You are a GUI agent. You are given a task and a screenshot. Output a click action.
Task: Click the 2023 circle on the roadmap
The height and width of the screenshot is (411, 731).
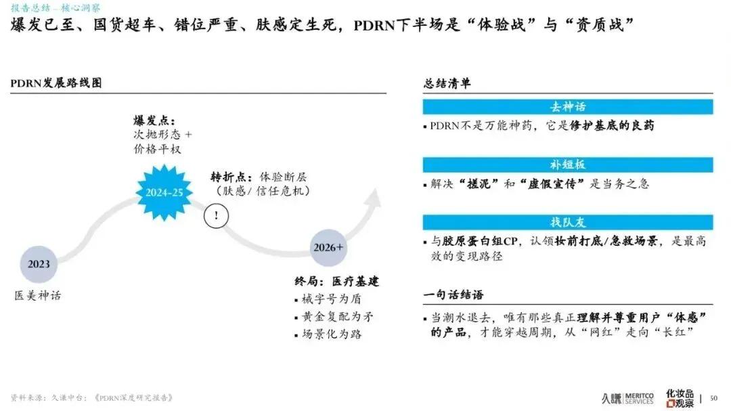click(39, 264)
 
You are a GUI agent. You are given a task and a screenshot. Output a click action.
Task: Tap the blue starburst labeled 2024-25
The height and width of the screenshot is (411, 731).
click(164, 192)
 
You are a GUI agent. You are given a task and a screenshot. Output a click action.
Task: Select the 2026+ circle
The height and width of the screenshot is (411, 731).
click(328, 247)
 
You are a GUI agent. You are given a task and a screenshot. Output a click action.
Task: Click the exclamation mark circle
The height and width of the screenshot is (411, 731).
click(216, 216)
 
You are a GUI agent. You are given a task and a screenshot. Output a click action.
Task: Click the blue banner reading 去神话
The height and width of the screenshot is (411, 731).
click(567, 107)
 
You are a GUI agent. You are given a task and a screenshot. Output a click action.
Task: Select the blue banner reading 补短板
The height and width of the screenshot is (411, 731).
click(567, 165)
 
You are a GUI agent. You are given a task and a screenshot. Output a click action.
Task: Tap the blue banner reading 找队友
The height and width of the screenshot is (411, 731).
click(567, 222)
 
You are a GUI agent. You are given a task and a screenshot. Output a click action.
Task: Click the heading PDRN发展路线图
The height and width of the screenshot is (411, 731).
click(56, 83)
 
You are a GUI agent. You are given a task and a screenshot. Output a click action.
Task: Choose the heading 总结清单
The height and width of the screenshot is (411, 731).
click(447, 83)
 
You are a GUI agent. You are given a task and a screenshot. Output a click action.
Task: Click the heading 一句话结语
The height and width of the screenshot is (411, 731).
click(453, 295)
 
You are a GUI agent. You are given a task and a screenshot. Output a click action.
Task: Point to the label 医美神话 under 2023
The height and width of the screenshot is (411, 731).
click(38, 295)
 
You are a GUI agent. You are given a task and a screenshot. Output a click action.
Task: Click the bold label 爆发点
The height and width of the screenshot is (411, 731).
click(152, 121)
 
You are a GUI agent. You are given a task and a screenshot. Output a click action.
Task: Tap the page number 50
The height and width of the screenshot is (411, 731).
click(713, 397)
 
